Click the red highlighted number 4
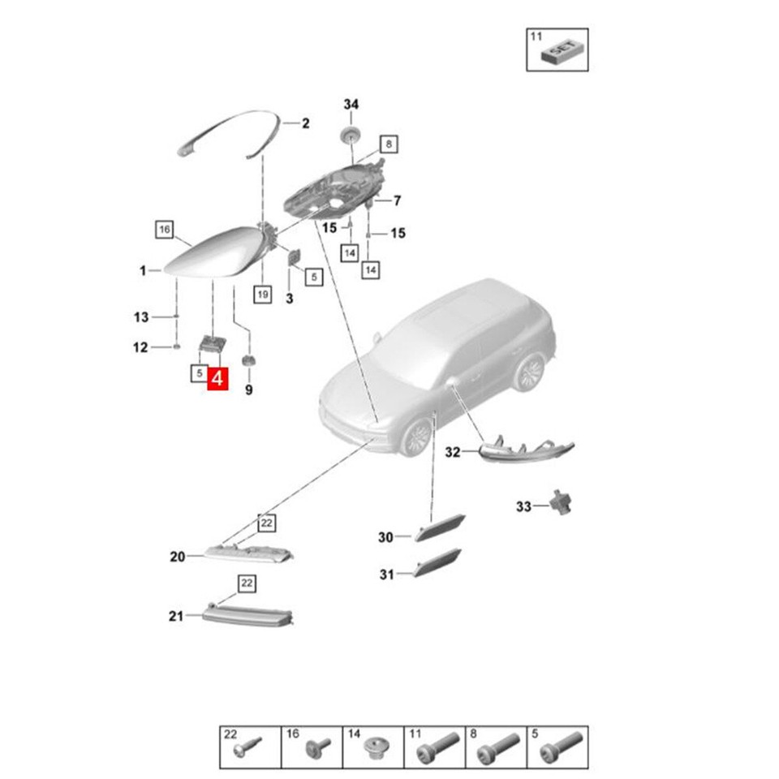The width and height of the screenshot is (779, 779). [x=217, y=378]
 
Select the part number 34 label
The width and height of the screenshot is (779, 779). [x=351, y=105]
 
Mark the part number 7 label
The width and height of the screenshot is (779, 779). [x=398, y=200]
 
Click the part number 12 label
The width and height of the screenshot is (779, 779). [x=140, y=348]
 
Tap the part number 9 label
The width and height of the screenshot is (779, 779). [x=249, y=390]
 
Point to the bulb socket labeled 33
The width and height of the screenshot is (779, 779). [x=559, y=503]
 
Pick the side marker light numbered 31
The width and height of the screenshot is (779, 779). [x=437, y=563]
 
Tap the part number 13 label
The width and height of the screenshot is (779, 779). [x=141, y=316]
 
